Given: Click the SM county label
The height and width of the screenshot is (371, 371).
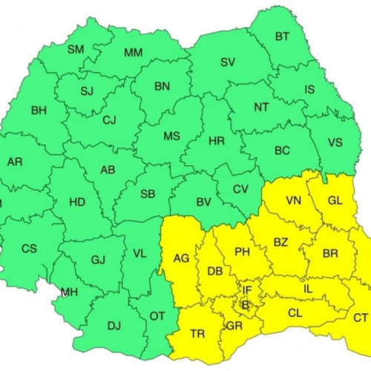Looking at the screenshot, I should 76,50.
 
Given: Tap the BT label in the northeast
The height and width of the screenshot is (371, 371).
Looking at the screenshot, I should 283,36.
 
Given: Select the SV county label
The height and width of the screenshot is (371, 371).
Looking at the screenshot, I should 227,62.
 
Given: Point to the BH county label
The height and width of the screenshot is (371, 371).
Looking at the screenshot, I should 39,111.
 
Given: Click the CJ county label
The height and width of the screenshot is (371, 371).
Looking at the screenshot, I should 110,120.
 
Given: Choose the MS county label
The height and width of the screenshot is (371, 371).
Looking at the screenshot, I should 171,137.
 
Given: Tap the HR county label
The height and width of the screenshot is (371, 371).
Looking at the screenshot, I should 217,140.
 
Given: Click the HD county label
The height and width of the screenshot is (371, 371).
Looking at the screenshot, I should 76,202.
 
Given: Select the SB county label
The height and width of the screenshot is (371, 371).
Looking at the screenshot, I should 148,194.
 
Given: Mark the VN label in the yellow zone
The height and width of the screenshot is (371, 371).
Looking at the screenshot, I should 294,200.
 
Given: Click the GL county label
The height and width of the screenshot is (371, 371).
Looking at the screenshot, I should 335,200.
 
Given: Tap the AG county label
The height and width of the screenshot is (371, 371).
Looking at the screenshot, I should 180,259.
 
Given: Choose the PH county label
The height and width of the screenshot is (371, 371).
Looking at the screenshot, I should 242,252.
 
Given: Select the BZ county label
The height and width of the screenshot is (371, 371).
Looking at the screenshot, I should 280,243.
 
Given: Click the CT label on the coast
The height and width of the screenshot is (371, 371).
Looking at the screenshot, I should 361,318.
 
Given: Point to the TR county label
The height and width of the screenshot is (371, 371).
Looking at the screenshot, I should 197,334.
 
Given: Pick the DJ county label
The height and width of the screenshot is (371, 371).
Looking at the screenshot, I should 114,324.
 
